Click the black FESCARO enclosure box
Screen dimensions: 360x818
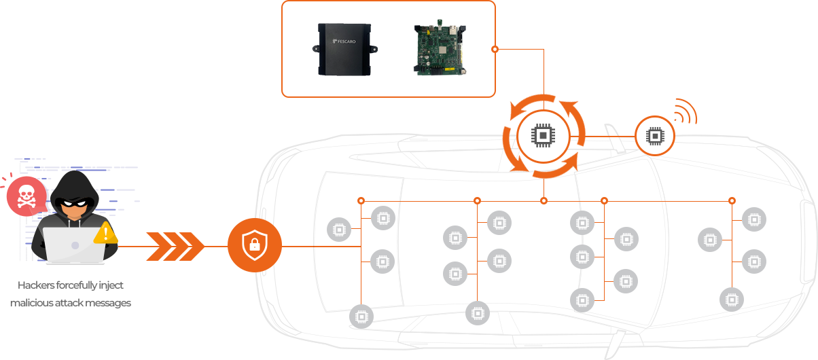pyautogui.click(x=344, y=49)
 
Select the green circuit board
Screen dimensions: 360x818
pyautogui.click(x=439, y=49)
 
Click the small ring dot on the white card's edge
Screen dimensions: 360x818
pyautogui.click(x=495, y=49)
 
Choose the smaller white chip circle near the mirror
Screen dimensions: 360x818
pyautogui.click(x=654, y=136)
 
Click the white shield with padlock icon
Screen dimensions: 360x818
pyautogui.click(x=255, y=245)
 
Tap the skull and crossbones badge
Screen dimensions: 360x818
pyautogui.click(x=26, y=197)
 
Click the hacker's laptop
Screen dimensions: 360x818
pyautogui.click(x=74, y=244)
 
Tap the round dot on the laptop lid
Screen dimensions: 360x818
pyautogui.click(x=75, y=245)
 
